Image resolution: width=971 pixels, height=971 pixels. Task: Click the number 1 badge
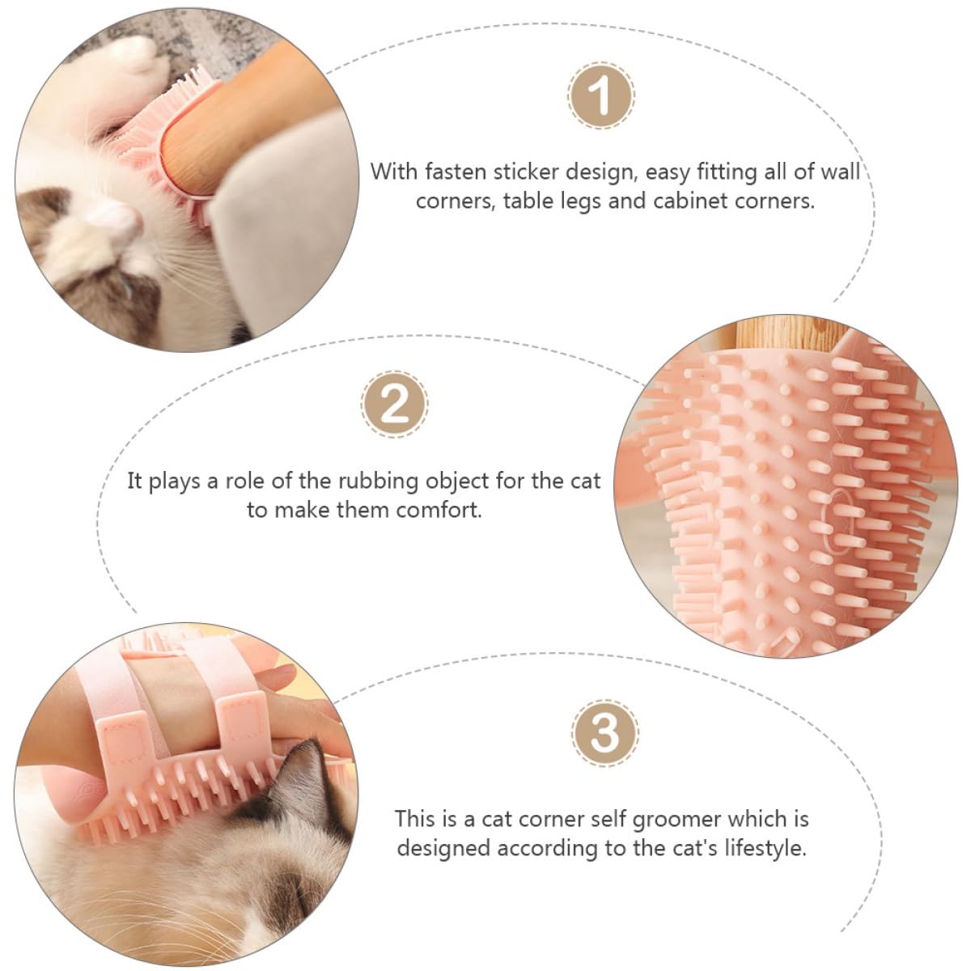(601, 95)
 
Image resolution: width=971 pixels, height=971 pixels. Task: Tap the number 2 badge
(394, 403)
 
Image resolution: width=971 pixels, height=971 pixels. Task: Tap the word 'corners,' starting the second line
(456, 201)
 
